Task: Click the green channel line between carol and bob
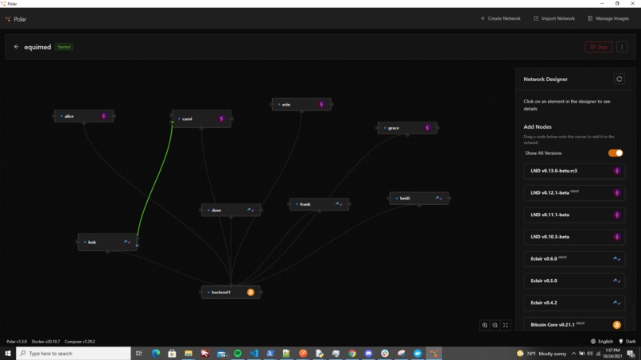[x=153, y=183]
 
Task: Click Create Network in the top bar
[x=500, y=18]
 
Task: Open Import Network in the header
[x=554, y=18]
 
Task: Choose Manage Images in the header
[x=608, y=18]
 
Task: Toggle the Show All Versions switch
[x=616, y=153]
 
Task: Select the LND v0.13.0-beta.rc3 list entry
[x=573, y=171]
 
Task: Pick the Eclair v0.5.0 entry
[x=573, y=281]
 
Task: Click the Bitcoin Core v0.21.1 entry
[x=573, y=324]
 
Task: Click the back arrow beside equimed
[x=16, y=47]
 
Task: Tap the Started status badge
[x=64, y=47]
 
